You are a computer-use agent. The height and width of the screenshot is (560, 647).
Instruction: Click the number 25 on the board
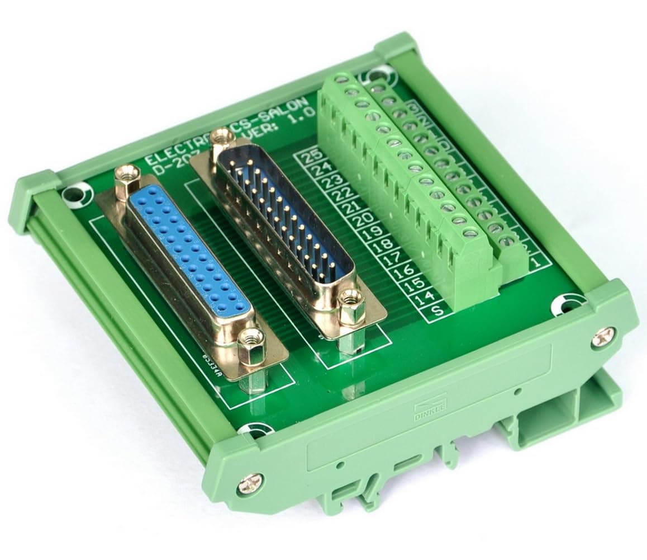click(x=307, y=157)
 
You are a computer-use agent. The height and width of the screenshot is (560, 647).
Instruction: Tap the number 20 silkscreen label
click(x=364, y=220)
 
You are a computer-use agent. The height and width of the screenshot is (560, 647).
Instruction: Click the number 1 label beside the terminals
click(x=536, y=261)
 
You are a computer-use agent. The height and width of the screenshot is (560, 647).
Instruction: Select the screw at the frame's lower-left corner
click(x=250, y=484)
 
